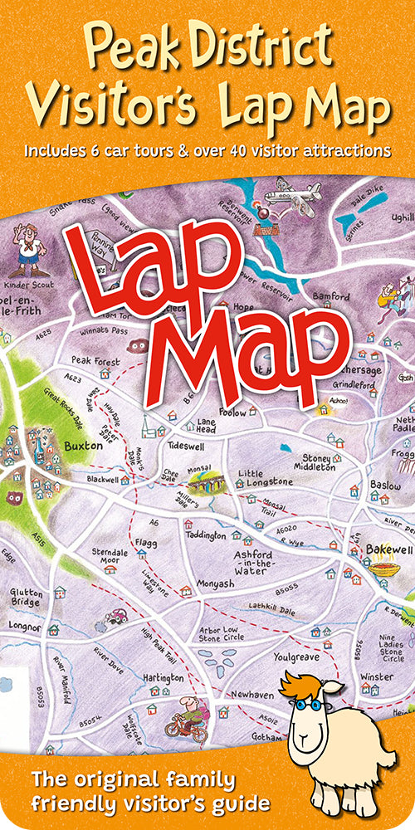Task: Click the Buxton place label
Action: (x=83, y=446)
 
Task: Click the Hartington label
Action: (x=162, y=678)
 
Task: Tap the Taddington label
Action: (x=205, y=536)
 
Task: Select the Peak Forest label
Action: (x=95, y=362)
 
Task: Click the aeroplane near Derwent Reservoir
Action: (x=290, y=198)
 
